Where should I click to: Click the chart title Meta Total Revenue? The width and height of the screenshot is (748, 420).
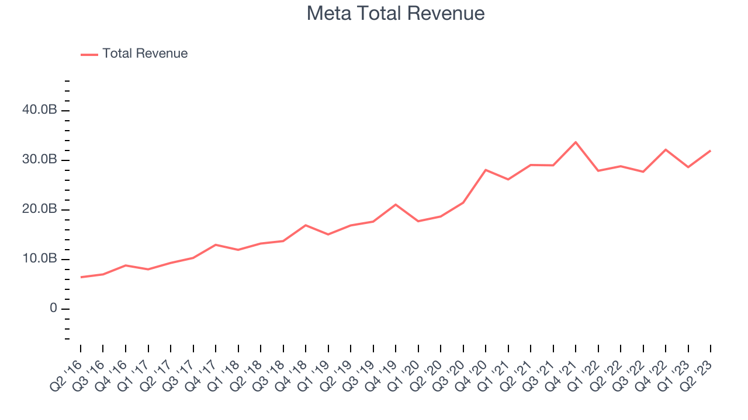[396, 13]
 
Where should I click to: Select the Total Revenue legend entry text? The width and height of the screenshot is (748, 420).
[145, 54]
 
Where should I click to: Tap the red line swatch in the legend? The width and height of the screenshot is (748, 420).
[89, 54]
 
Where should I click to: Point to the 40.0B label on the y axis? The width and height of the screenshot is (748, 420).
[40, 110]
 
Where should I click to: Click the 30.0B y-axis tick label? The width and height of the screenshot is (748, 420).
[40, 160]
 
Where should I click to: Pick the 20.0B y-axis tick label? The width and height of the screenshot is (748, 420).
[40, 209]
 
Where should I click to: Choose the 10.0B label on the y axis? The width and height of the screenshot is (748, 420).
[40, 259]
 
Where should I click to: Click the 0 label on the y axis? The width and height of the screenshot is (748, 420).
[53, 309]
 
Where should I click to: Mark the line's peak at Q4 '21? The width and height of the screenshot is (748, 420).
[576, 142]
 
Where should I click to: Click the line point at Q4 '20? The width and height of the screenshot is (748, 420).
[486, 170]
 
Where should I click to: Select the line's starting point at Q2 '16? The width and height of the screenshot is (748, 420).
[81, 277]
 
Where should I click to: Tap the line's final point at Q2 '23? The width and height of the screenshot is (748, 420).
[711, 150]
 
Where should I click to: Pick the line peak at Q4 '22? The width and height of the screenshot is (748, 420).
[666, 149]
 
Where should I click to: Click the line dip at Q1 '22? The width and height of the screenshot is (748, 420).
[598, 170]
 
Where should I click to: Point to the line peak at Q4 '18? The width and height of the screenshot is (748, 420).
[306, 225]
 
